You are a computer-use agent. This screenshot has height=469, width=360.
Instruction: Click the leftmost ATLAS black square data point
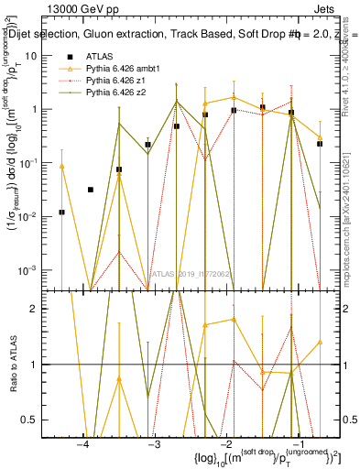[x=61, y=212]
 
